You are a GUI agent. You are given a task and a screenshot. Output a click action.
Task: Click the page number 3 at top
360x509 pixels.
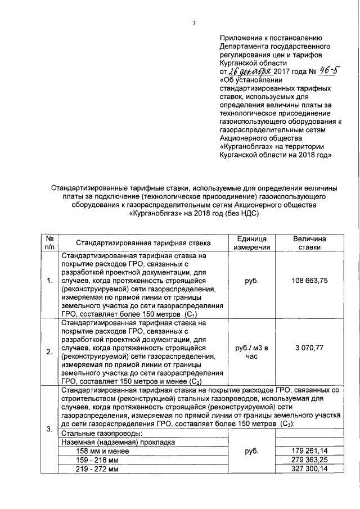[193, 23]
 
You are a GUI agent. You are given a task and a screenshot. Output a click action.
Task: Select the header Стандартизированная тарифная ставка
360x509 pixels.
[144, 243]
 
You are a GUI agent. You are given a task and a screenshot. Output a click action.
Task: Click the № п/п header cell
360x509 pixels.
[50, 243]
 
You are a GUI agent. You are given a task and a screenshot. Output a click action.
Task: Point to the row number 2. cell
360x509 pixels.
[50, 353]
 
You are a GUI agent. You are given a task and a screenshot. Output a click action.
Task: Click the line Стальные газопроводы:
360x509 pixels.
[101, 433]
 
